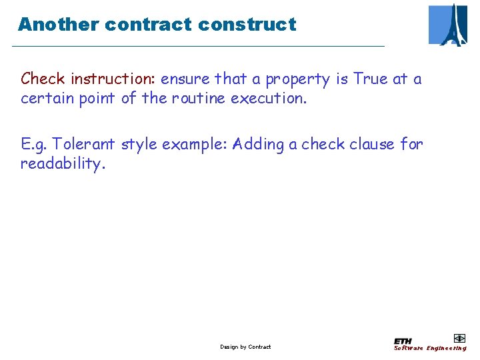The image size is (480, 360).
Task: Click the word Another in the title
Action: pyautogui.click(x=58, y=25)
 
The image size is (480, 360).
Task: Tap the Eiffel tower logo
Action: pyautogui.click(x=449, y=25)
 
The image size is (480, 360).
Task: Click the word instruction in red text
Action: pyautogui.click(x=113, y=79)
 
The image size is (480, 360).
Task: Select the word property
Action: pyautogui.click(x=297, y=80)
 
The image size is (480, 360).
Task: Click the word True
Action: pyautogui.click(x=371, y=79)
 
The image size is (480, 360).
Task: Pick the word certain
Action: pyautogui.click(x=45, y=98)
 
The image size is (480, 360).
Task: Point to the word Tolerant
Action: pyautogui.click(x=85, y=144)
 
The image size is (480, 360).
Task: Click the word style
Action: pyautogui.click(x=139, y=145)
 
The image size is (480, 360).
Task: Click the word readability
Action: pyautogui.click(x=63, y=164)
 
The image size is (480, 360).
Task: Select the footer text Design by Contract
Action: pyautogui.click(x=245, y=347)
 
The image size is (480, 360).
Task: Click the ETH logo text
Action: pyautogui.click(x=403, y=341)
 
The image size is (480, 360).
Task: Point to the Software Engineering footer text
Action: pyautogui.click(x=430, y=348)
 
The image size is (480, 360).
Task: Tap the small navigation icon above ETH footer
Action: pyautogui.click(x=459, y=338)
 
